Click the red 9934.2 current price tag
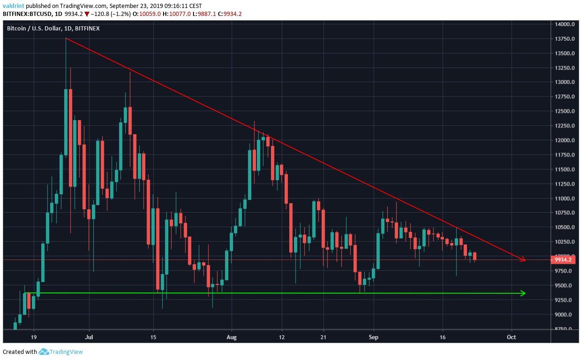tap(562, 260)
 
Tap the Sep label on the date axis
tap(373, 337)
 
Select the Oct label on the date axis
tap(512, 337)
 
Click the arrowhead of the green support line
tap(523, 293)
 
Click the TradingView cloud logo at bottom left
tap(44, 352)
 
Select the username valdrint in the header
tap(13, 6)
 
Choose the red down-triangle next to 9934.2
tap(87, 14)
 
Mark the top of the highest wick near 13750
tap(66, 39)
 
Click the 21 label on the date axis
tap(323, 337)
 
